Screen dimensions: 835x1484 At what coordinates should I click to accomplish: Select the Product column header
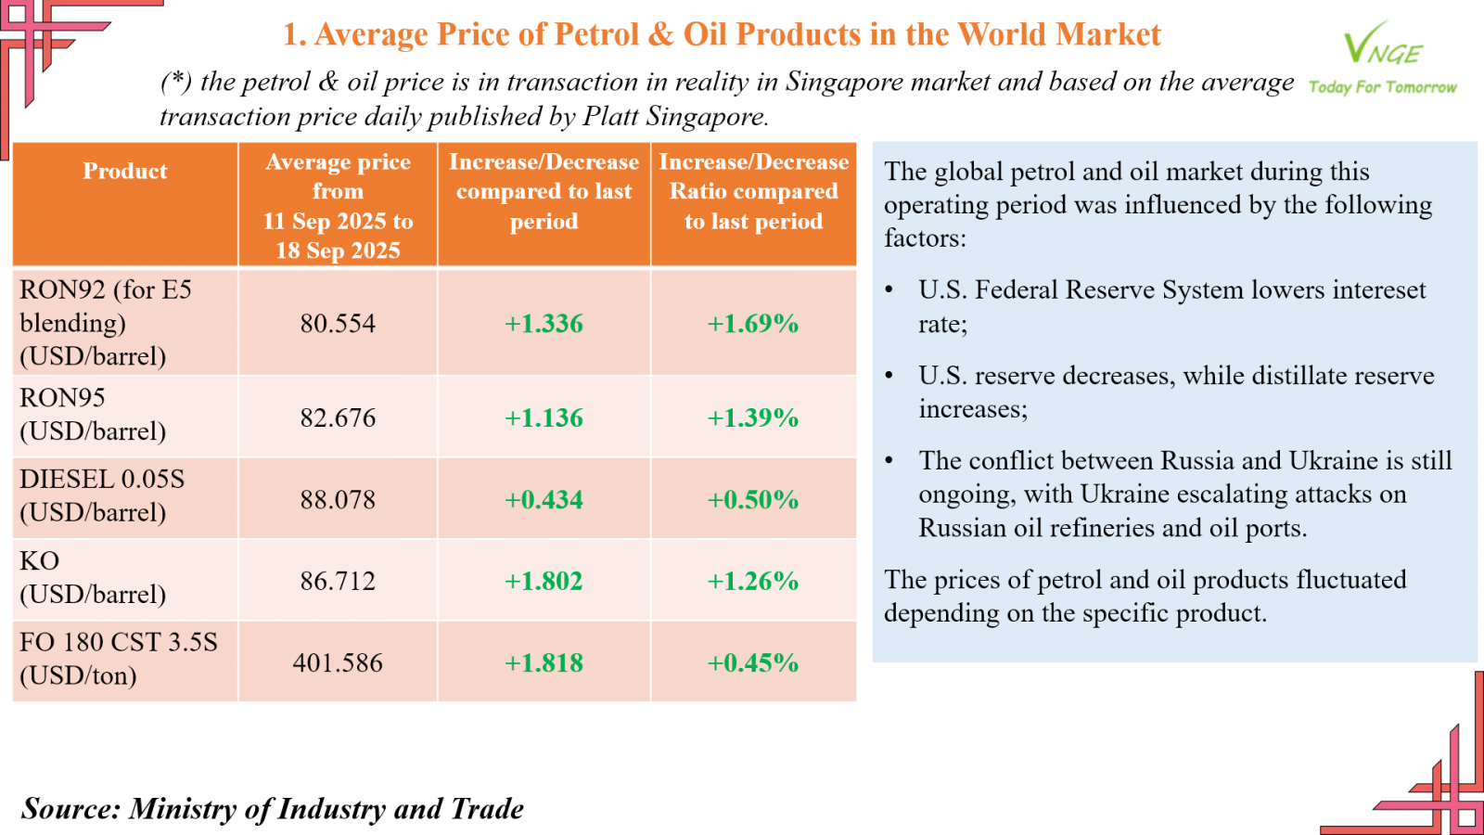coord(125,172)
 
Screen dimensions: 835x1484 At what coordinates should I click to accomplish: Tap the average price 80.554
coord(338,324)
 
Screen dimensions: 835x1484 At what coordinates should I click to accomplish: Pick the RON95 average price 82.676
coord(338,417)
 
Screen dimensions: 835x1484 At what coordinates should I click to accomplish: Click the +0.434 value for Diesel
coord(544,500)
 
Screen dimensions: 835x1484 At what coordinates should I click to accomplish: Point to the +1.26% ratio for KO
coord(753,582)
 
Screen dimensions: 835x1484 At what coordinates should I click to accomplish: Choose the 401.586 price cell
coord(338,663)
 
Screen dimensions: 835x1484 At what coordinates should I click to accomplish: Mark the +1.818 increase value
coord(544,663)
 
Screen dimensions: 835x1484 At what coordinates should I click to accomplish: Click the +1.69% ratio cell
coord(753,324)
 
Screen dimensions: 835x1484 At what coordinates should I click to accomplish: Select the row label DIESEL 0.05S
coord(102,480)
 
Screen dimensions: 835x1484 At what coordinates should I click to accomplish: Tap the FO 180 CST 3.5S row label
coord(119,642)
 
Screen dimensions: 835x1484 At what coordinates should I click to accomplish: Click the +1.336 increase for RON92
coord(544,324)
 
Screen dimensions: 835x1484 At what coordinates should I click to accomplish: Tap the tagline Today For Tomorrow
coord(1382,87)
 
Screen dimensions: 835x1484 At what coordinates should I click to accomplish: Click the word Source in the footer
coord(70,809)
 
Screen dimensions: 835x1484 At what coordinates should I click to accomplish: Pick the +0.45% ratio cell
coord(753,663)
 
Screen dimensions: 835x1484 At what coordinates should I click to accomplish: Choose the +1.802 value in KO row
coord(544,582)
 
